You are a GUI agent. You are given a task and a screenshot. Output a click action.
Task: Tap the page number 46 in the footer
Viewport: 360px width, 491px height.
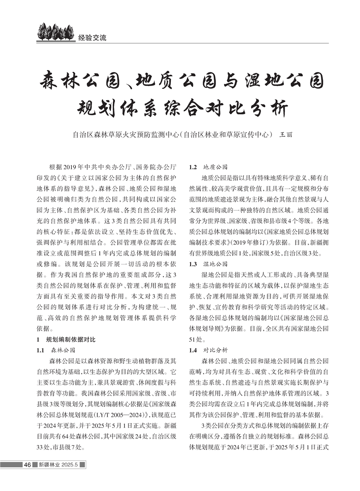(x=27, y=465)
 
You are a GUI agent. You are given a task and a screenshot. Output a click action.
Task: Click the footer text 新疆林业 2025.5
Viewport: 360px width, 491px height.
(x=58, y=465)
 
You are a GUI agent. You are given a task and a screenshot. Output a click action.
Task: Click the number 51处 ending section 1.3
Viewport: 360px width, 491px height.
(x=195, y=339)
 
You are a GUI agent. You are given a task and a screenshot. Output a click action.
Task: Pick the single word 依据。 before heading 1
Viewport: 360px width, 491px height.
(x=45, y=328)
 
